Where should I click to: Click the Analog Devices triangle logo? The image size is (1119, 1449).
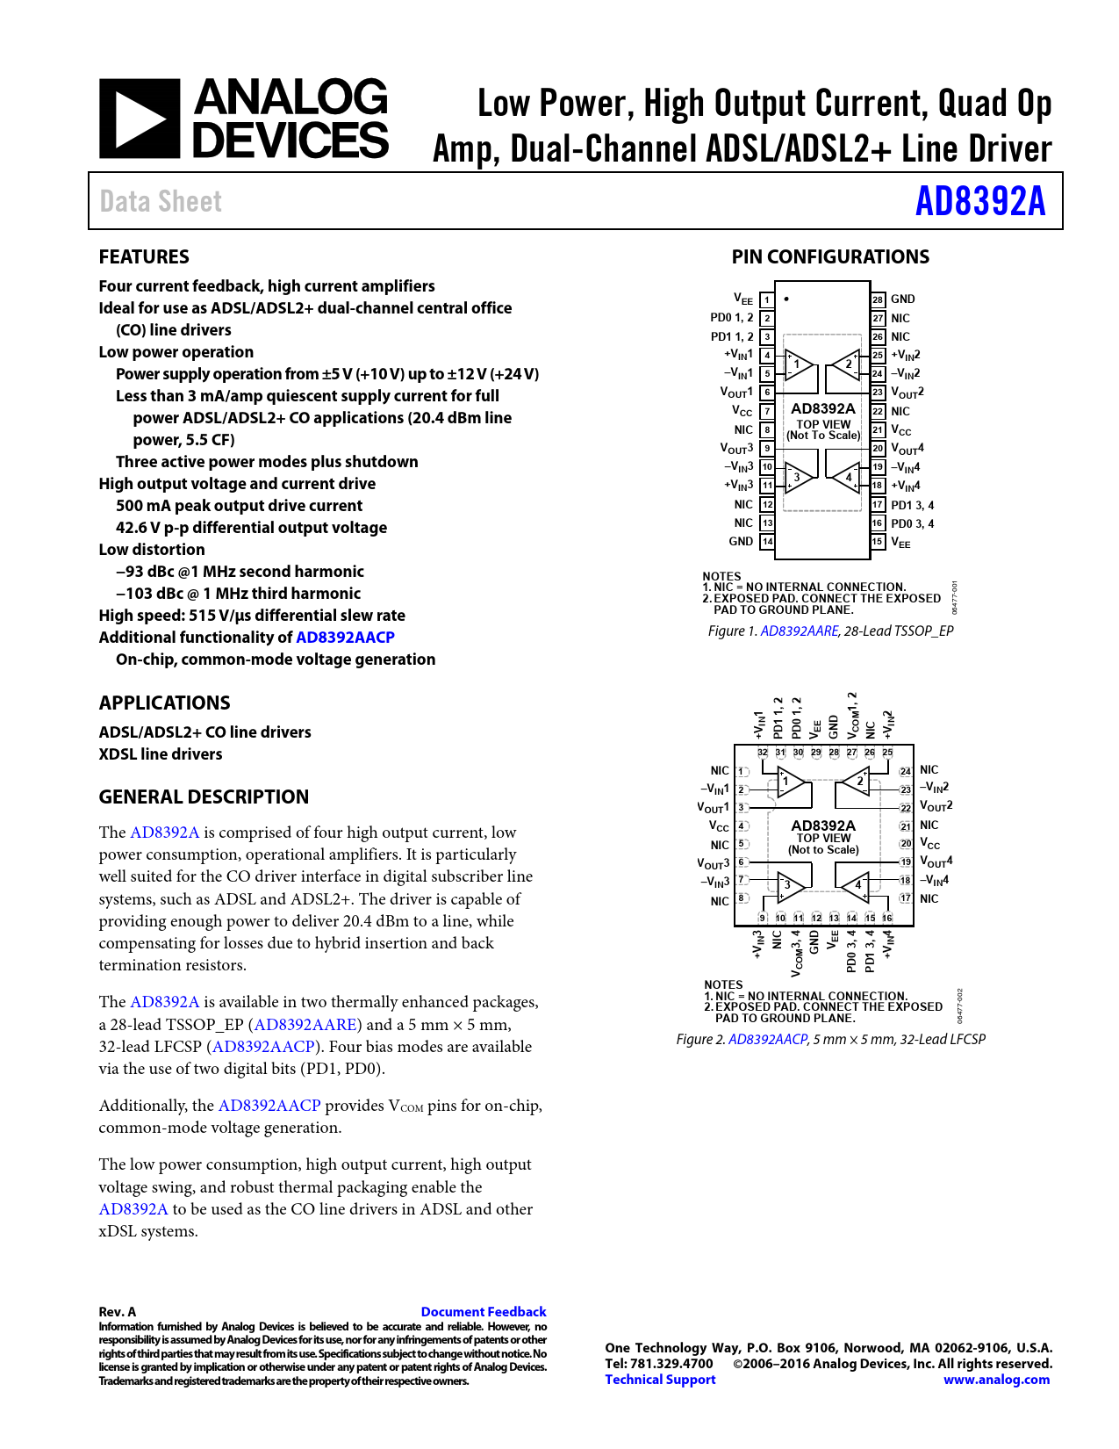coord(140,119)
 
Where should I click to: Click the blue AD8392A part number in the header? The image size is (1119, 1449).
coord(980,201)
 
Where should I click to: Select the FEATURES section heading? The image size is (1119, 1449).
coord(144,256)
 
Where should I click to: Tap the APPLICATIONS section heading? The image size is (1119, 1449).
coord(164,703)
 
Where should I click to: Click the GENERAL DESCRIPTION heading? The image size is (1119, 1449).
coord(204,797)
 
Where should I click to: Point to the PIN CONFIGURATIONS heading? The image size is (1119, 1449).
coord(830,256)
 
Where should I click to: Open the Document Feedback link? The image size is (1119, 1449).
coord(484,1311)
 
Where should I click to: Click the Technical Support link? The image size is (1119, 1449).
coord(660,1380)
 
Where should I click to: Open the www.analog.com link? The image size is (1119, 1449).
coord(996,1380)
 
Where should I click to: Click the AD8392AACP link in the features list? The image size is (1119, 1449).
coord(345,638)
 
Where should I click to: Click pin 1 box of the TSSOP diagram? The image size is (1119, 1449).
coord(766,300)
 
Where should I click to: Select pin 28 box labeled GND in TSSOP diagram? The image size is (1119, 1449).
coord(878,299)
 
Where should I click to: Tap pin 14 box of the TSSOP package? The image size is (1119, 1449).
coord(767,542)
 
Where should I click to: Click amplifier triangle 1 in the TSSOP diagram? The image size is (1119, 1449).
coord(799,364)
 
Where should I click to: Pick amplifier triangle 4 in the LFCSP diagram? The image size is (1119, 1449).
coord(855,884)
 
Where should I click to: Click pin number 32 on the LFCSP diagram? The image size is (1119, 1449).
coord(763,753)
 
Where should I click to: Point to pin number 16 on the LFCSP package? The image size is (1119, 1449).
coord(887,918)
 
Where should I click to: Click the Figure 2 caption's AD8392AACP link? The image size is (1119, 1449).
coord(767,1039)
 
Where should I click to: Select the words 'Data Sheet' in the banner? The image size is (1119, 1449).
coord(161,201)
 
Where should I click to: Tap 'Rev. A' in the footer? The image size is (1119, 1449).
coord(118,1311)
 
